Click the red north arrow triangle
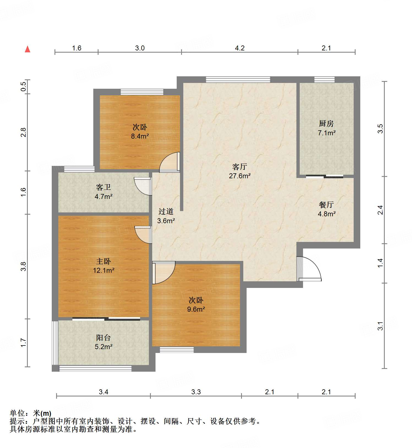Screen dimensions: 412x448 click(x=28, y=49)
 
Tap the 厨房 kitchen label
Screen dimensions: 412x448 click(x=326, y=123)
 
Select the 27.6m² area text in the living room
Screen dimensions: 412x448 click(x=240, y=176)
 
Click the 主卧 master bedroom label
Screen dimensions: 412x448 click(x=103, y=261)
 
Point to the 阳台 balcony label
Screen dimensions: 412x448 click(x=103, y=338)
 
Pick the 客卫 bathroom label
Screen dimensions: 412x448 click(x=103, y=187)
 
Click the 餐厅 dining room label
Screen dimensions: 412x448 click(x=326, y=204)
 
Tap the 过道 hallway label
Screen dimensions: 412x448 click(x=166, y=211)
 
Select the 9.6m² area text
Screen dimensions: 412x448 click(x=196, y=309)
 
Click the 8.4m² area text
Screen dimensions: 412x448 click(x=140, y=136)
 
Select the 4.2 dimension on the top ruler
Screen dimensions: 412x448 click(x=240, y=48)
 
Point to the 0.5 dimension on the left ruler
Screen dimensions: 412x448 click(x=24, y=87)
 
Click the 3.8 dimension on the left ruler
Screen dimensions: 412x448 click(x=24, y=266)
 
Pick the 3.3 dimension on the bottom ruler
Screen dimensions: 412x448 click(x=196, y=392)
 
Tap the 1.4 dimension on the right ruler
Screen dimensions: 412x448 click(x=380, y=263)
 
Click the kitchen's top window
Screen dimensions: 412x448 click(x=324, y=80)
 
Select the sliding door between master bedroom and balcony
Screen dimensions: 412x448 click(x=106, y=319)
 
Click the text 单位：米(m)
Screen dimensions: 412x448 click(x=31, y=413)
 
